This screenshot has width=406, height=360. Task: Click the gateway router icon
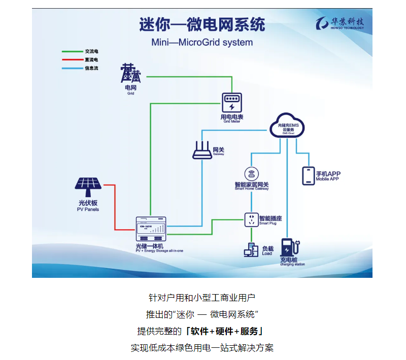(x=202, y=150)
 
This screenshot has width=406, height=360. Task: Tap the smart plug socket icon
(x=251, y=220)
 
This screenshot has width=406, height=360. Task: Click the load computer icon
(x=251, y=250)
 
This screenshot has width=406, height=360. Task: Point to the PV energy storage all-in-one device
(x=152, y=229)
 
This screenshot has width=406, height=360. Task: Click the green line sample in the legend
(x=72, y=51)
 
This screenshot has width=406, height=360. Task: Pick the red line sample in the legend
(x=72, y=60)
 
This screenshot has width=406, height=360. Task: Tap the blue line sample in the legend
(x=72, y=68)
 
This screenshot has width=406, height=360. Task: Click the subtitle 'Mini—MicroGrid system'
(x=202, y=42)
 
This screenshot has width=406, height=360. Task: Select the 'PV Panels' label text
(x=88, y=209)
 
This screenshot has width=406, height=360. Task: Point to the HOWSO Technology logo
(x=340, y=23)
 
